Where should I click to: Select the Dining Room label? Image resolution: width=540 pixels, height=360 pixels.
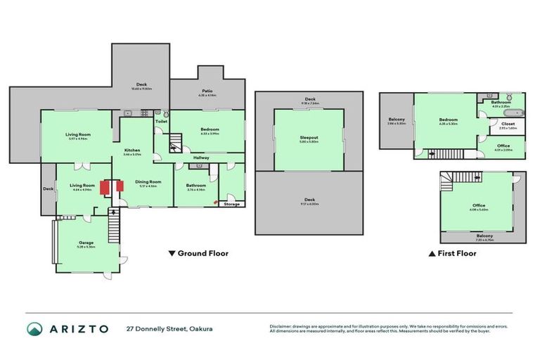[x=148, y=182]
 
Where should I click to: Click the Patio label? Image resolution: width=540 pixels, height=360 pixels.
[x=207, y=91]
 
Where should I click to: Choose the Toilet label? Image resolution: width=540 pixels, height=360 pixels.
[x=161, y=121]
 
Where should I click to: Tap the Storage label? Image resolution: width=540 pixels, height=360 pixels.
[x=231, y=204]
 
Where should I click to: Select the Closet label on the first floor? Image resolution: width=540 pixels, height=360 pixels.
[x=508, y=124]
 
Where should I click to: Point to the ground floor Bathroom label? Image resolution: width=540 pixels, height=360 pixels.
[x=195, y=186]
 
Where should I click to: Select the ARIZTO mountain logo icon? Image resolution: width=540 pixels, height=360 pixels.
[x=34, y=328]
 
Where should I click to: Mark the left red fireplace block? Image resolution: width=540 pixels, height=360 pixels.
[x=103, y=188]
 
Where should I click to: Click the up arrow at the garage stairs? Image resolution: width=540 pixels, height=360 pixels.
[x=110, y=210]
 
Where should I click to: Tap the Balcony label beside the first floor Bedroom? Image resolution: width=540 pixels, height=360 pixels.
[x=397, y=120]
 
